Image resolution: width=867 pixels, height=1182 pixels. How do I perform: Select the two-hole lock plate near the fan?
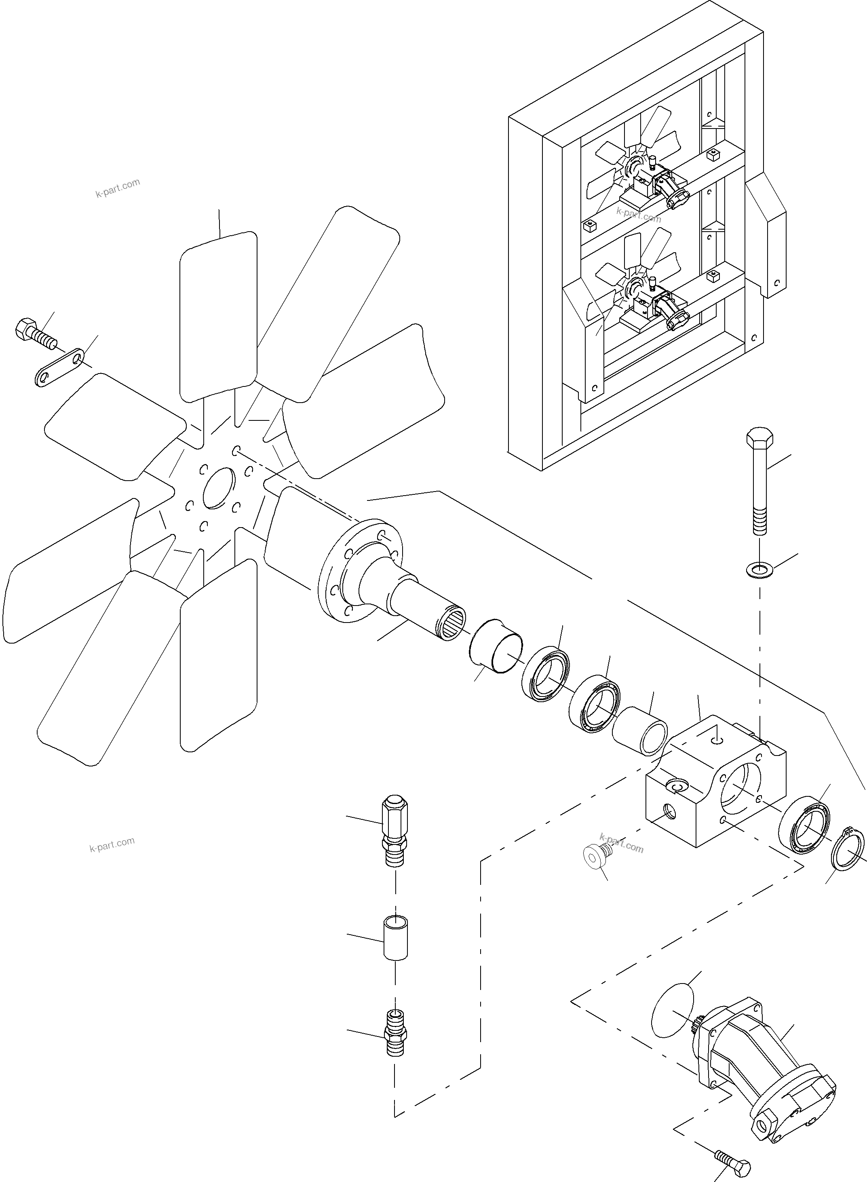tap(60, 369)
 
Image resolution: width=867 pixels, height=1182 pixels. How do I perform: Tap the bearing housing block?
tap(714, 785)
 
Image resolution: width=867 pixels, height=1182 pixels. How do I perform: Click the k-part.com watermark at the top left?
tap(118, 188)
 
